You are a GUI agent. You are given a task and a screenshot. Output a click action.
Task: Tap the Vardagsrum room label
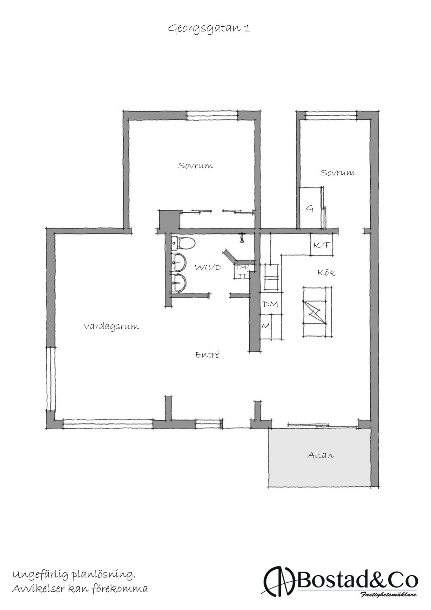click(111, 327)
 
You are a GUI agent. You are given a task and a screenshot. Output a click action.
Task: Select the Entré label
click(207, 354)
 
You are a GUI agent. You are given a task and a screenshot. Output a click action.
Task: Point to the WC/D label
click(208, 268)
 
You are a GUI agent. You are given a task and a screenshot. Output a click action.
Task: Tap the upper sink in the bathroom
click(179, 262)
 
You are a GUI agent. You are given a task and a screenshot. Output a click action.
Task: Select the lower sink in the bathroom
click(179, 283)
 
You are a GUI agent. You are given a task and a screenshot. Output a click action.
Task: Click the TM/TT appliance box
click(242, 271)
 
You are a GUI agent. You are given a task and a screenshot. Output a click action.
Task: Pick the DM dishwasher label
click(270, 304)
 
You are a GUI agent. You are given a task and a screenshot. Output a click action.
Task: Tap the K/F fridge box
click(322, 245)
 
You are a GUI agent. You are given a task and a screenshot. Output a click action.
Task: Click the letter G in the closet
click(310, 209)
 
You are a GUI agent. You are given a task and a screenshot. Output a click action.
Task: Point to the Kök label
click(326, 272)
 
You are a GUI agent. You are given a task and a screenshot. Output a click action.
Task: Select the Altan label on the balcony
click(320, 455)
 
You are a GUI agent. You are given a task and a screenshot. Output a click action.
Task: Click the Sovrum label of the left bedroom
click(195, 165)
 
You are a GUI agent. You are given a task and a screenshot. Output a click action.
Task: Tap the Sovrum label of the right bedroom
click(337, 173)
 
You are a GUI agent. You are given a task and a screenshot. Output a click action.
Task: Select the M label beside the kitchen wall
click(266, 327)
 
